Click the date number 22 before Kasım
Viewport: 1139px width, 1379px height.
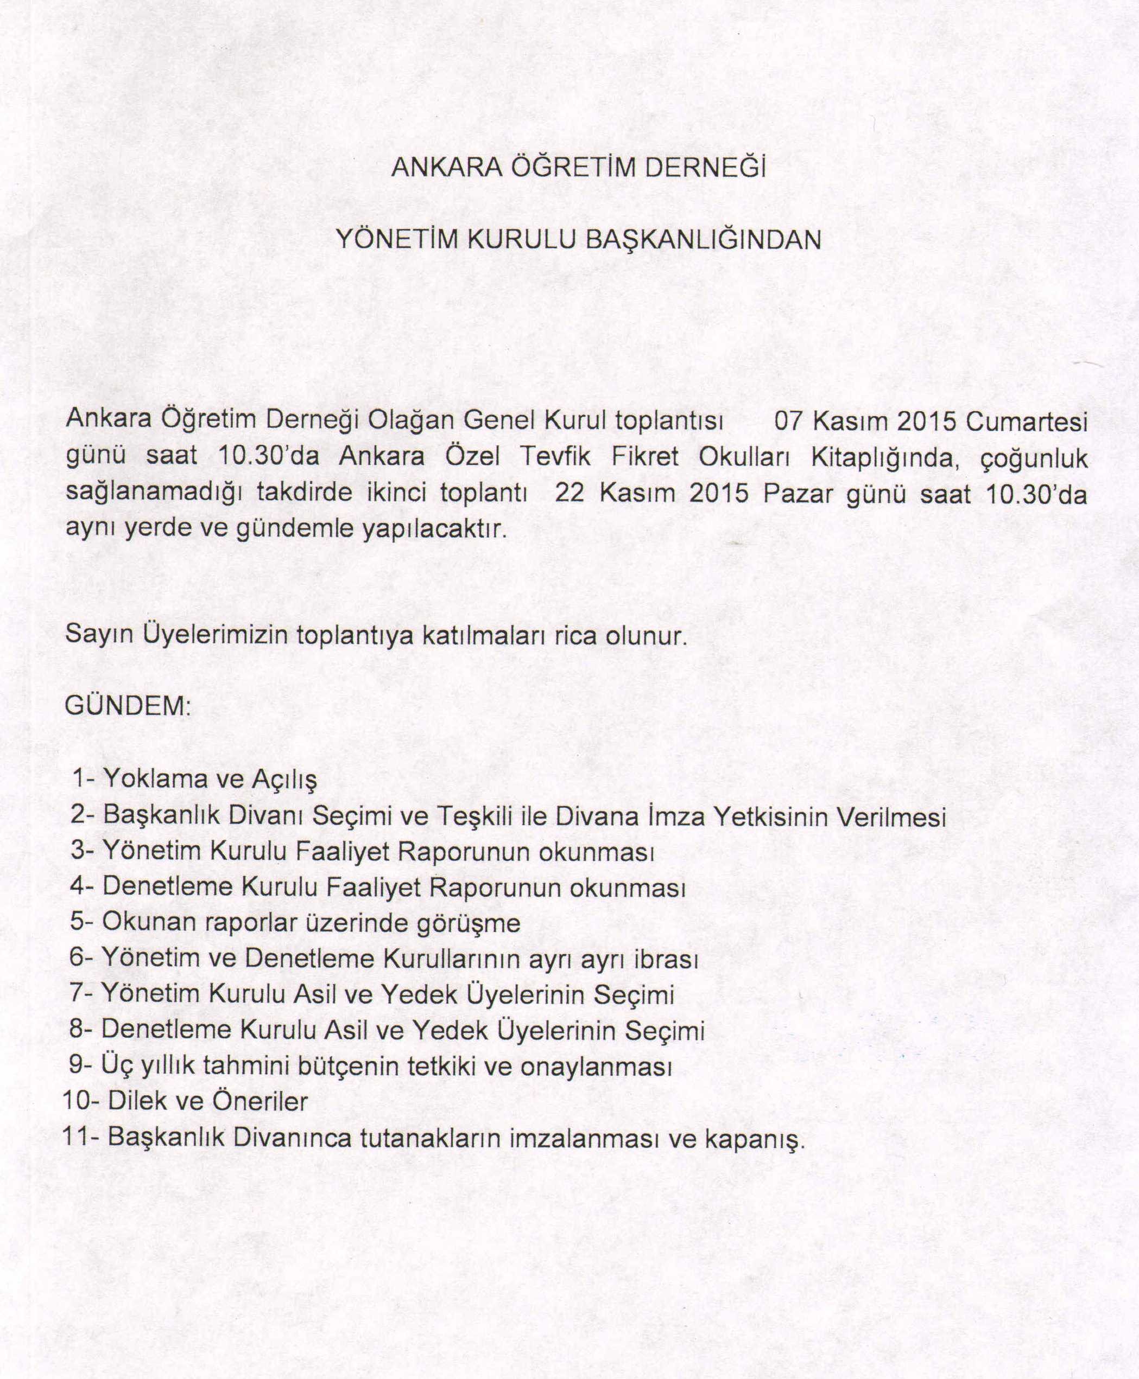pos(569,493)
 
